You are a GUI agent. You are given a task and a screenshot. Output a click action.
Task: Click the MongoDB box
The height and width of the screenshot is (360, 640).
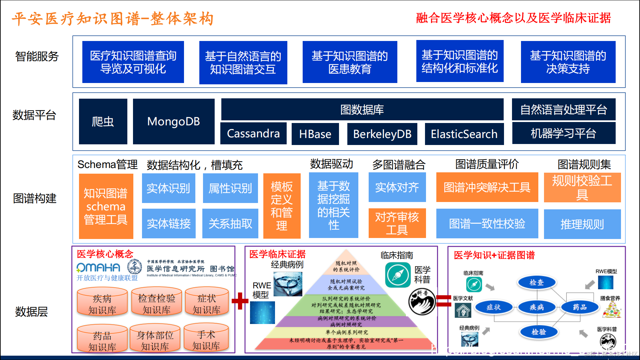tap(174, 122)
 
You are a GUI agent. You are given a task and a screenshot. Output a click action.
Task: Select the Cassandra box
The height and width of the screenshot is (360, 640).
tap(253, 133)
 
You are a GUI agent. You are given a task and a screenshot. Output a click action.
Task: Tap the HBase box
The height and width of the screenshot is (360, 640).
tap(315, 134)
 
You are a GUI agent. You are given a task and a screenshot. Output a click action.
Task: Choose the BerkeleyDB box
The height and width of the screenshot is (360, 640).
tap(382, 134)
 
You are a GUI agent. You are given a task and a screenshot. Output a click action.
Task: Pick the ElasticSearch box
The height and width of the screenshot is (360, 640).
tap(464, 134)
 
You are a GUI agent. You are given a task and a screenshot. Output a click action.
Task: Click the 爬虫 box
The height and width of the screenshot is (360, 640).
tap(103, 122)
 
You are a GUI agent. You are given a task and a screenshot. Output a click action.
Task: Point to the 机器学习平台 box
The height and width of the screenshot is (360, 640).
tap(563, 133)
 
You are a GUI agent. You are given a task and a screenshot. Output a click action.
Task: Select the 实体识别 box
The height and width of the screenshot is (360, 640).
tap(168, 188)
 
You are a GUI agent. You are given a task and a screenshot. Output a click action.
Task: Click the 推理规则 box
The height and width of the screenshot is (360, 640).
tap(582, 224)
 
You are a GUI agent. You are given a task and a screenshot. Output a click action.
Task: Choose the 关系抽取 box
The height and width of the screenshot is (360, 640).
tap(230, 223)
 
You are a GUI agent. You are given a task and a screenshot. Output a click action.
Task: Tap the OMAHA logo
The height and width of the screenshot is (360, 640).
tap(98, 267)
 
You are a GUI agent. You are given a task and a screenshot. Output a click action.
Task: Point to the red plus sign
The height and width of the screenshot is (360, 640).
tap(240, 301)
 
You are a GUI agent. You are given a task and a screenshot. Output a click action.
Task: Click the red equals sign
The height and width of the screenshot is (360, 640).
tap(444, 301)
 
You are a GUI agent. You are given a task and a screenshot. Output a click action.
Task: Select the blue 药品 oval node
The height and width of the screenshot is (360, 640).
tap(580, 307)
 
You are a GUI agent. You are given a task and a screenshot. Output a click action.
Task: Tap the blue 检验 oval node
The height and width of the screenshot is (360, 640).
tap(539, 332)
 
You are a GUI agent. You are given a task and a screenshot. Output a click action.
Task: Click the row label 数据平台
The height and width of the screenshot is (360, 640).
tap(34, 115)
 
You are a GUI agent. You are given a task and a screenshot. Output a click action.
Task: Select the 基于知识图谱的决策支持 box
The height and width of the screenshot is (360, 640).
tap(568, 62)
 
